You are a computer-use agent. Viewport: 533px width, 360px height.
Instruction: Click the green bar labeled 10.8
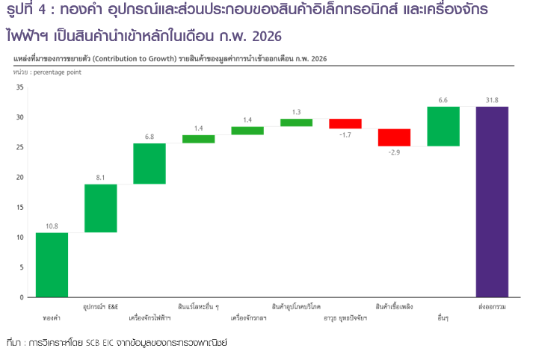click(52, 264)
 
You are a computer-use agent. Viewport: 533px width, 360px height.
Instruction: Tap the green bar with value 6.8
click(150, 163)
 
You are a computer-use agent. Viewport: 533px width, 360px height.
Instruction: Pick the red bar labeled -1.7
click(345, 124)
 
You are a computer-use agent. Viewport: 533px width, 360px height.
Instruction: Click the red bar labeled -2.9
click(394, 137)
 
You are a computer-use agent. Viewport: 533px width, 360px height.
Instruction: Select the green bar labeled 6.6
click(443, 126)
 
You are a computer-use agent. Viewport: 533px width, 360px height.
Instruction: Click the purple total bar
click(493, 202)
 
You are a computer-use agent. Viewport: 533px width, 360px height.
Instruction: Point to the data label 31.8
click(493, 100)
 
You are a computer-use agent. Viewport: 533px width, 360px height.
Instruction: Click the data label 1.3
click(296, 112)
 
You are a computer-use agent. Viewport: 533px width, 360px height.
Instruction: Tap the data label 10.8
click(52, 226)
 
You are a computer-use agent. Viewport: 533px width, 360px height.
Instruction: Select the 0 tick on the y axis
click(22, 297)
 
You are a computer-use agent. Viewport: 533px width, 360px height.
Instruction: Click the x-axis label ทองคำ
click(52, 317)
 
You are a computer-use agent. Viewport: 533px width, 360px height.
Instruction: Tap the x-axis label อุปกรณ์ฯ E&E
click(100, 306)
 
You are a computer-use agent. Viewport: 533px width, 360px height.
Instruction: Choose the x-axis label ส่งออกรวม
click(493, 306)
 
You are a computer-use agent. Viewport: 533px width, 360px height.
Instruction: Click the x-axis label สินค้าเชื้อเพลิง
click(394, 306)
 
